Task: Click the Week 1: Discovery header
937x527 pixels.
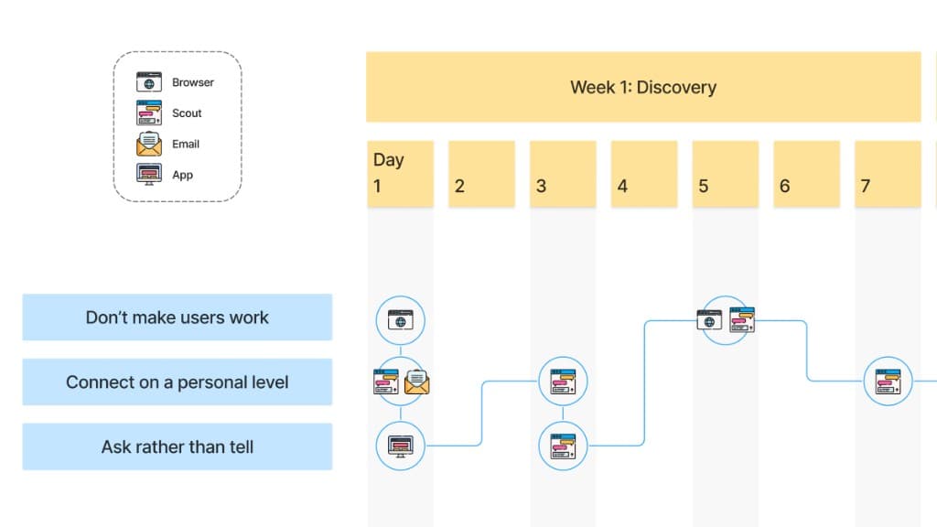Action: pyautogui.click(x=642, y=87)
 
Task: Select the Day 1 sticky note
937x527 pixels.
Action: pyautogui.click(x=400, y=173)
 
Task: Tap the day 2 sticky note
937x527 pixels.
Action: pyautogui.click(x=481, y=173)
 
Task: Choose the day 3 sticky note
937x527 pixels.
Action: pyautogui.click(x=563, y=173)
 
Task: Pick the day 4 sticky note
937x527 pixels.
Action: pyautogui.click(x=644, y=173)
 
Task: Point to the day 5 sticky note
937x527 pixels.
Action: pyautogui.click(x=725, y=173)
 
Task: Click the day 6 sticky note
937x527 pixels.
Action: pyautogui.click(x=806, y=173)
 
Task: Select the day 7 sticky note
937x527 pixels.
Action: pyautogui.click(x=888, y=173)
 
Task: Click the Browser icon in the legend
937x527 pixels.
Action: pyautogui.click(x=148, y=82)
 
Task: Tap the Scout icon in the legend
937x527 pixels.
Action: pyautogui.click(x=148, y=113)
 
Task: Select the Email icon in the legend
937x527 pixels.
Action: pyautogui.click(x=148, y=144)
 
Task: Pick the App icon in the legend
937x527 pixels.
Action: pyautogui.click(x=148, y=174)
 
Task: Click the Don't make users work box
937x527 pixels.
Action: pyautogui.click(x=177, y=317)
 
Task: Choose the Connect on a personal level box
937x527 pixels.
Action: pyautogui.click(x=177, y=382)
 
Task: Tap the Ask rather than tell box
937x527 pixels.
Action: pyautogui.click(x=177, y=446)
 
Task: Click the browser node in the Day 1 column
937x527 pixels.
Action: pyautogui.click(x=401, y=319)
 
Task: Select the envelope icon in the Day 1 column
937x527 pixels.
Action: pyautogui.click(x=417, y=382)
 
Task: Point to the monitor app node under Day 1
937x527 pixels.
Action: pyautogui.click(x=401, y=446)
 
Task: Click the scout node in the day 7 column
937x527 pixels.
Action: pyautogui.click(x=888, y=381)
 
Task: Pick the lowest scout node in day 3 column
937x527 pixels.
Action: pyautogui.click(x=563, y=446)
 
